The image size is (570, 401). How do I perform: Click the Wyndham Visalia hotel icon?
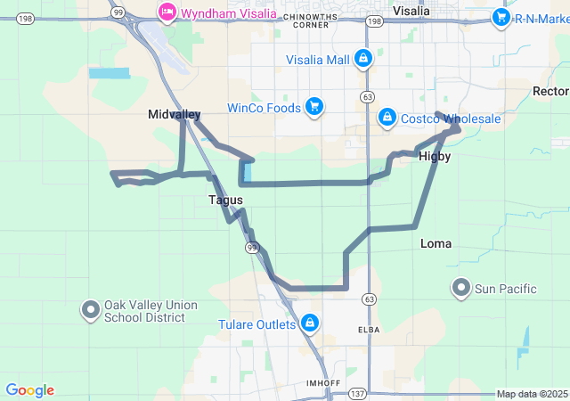coord(166,12)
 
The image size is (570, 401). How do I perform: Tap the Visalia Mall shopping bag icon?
coord(362,60)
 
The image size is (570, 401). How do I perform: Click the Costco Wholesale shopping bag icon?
coord(387,118)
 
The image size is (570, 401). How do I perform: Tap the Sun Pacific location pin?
coord(461,288)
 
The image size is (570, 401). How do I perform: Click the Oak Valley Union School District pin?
coord(91,310)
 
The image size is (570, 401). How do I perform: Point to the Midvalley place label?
coord(174,115)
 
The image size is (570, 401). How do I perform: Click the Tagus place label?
coord(225,200)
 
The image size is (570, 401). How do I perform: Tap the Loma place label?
coord(436,243)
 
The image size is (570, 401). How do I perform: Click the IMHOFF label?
coord(322,382)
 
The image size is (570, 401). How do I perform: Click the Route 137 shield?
coord(358,393)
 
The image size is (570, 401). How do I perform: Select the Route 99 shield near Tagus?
coord(252,247)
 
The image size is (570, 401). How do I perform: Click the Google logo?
coord(30,390)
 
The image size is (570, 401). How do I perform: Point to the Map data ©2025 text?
coord(532,394)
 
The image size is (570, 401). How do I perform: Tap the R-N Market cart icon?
coord(501,17)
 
